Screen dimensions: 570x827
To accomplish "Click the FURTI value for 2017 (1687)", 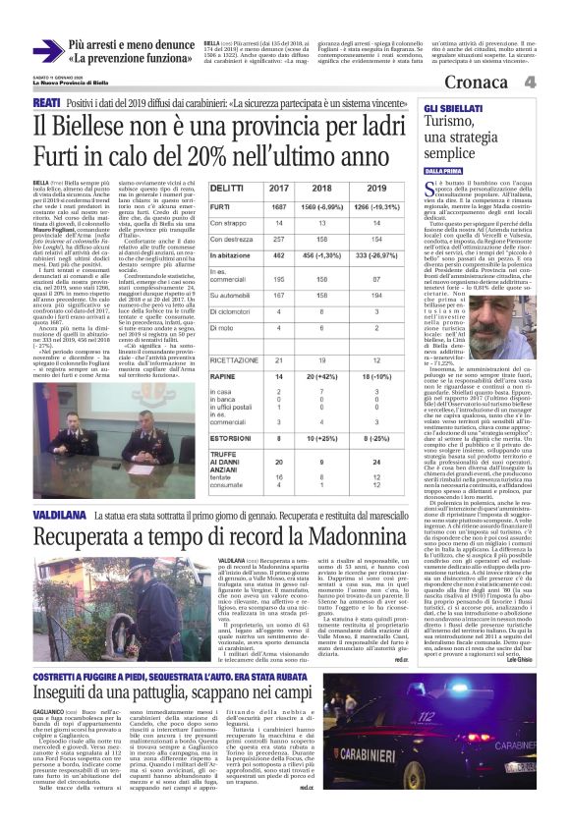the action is [x=278, y=207].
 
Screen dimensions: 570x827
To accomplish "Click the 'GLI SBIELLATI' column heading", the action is [x=458, y=104].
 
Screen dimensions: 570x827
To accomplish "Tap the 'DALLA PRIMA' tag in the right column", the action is [x=448, y=171].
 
